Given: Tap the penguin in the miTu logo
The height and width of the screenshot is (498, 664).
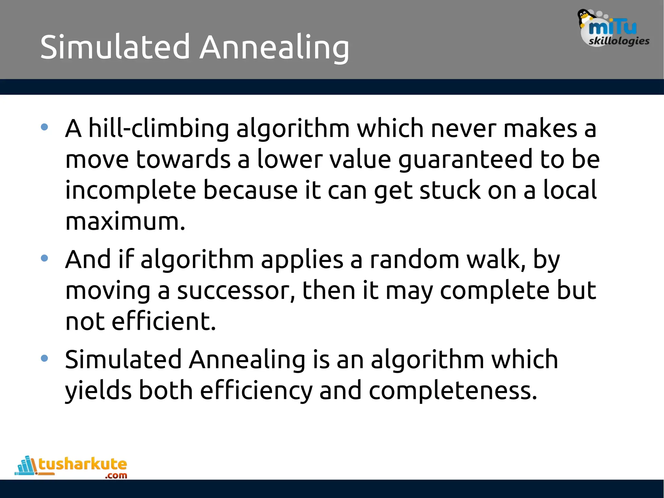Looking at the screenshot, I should pyautogui.click(x=585, y=18).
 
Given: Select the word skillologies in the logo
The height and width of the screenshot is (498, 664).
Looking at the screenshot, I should pyautogui.click(x=619, y=41).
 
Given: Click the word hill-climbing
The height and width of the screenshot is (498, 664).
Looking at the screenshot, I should pyautogui.click(x=159, y=128).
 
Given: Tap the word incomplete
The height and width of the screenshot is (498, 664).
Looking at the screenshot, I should pyautogui.click(x=130, y=191).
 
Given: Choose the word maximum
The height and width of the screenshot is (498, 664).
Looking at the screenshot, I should pyautogui.click(x=125, y=221).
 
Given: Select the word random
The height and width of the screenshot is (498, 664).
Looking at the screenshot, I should pyautogui.click(x=415, y=260).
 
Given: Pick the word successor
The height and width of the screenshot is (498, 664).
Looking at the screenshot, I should pyautogui.click(x=236, y=290).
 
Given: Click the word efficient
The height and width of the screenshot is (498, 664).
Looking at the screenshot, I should pyautogui.click(x=163, y=321).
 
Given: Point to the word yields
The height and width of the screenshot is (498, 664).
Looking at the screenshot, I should pyautogui.click(x=98, y=391).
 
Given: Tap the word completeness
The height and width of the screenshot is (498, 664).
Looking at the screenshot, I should pyautogui.click(x=453, y=391).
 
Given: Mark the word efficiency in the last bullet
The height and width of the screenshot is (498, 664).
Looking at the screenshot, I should pyautogui.click(x=256, y=391).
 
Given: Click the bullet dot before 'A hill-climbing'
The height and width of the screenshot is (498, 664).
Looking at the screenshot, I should pyautogui.click(x=44, y=127).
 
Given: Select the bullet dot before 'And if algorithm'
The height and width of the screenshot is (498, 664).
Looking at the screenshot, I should pyautogui.click(x=44, y=258).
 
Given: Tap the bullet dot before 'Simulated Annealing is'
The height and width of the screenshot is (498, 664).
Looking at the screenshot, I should pyautogui.click(x=44, y=358).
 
